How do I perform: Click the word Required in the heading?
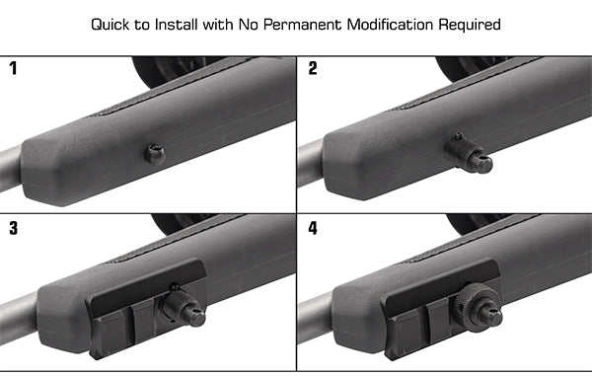(x=471, y=23)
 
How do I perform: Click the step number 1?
(x=13, y=69)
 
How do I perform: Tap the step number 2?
(x=312, y=69)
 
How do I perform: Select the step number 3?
(x=13, y=229)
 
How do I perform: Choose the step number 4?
(x=312, y=229)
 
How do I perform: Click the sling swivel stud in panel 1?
(x=153, y=152)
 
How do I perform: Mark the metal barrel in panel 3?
(x=15, y=322)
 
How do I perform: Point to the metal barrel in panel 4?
(x=314, y=322)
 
